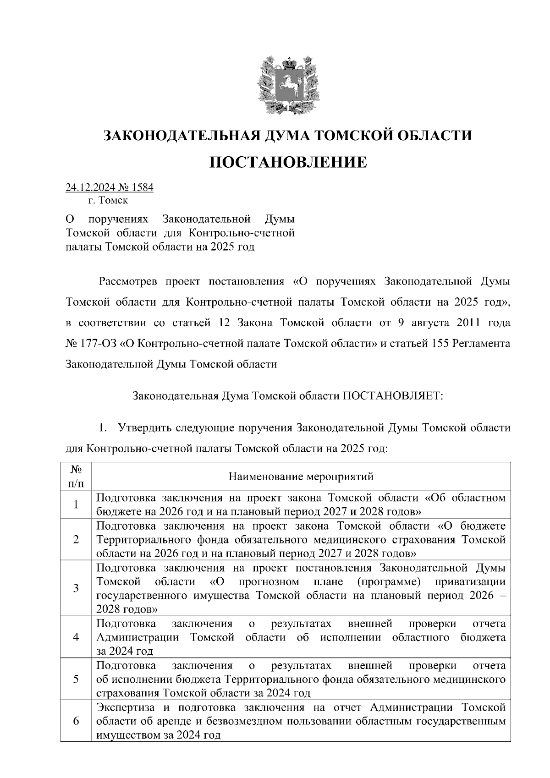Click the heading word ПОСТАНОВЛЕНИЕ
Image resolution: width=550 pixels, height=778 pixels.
288,162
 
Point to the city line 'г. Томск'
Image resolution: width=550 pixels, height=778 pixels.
109,201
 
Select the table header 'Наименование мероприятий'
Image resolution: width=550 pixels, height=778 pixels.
301,477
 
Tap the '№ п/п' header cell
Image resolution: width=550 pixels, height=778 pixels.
76,477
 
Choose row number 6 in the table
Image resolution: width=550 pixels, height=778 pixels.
76,721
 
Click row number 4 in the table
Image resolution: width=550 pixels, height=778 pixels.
76,637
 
